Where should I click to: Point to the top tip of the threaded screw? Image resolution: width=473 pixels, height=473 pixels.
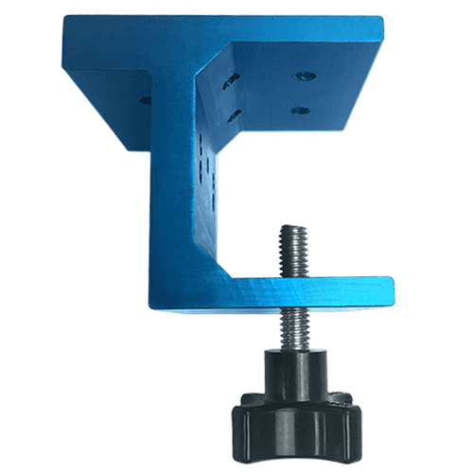click(x=286, y=228)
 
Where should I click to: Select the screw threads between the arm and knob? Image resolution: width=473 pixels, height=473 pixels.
click(x=288, y=327)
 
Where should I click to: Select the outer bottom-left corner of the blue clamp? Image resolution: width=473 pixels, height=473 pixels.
click(x=151, y=308)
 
